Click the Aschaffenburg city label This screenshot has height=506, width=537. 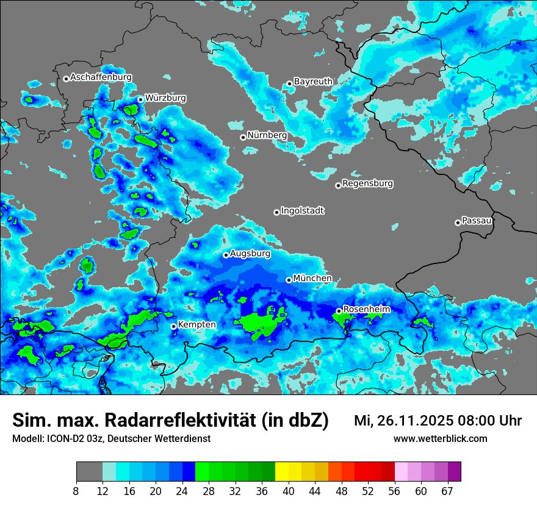[101, 77]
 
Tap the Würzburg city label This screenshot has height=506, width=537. [165, 98]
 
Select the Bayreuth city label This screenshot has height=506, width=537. [313, 82]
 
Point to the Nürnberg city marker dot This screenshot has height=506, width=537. [243, 137]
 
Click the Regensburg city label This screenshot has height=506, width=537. [367, 184]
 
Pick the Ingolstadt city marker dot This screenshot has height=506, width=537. [276, 212]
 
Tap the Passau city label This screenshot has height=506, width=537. [477, 221]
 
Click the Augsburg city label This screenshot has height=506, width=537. [250, 254]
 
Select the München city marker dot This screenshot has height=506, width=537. [289, 280]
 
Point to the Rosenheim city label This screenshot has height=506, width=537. [366, 310]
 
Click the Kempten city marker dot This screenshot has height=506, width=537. [173, 326]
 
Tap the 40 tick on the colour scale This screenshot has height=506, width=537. [289, 491]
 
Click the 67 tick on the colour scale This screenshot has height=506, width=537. [447, 491]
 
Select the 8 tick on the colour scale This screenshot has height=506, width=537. [76, 491]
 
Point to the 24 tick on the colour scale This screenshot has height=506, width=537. [182, 491]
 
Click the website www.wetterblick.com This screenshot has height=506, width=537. [440, 439]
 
